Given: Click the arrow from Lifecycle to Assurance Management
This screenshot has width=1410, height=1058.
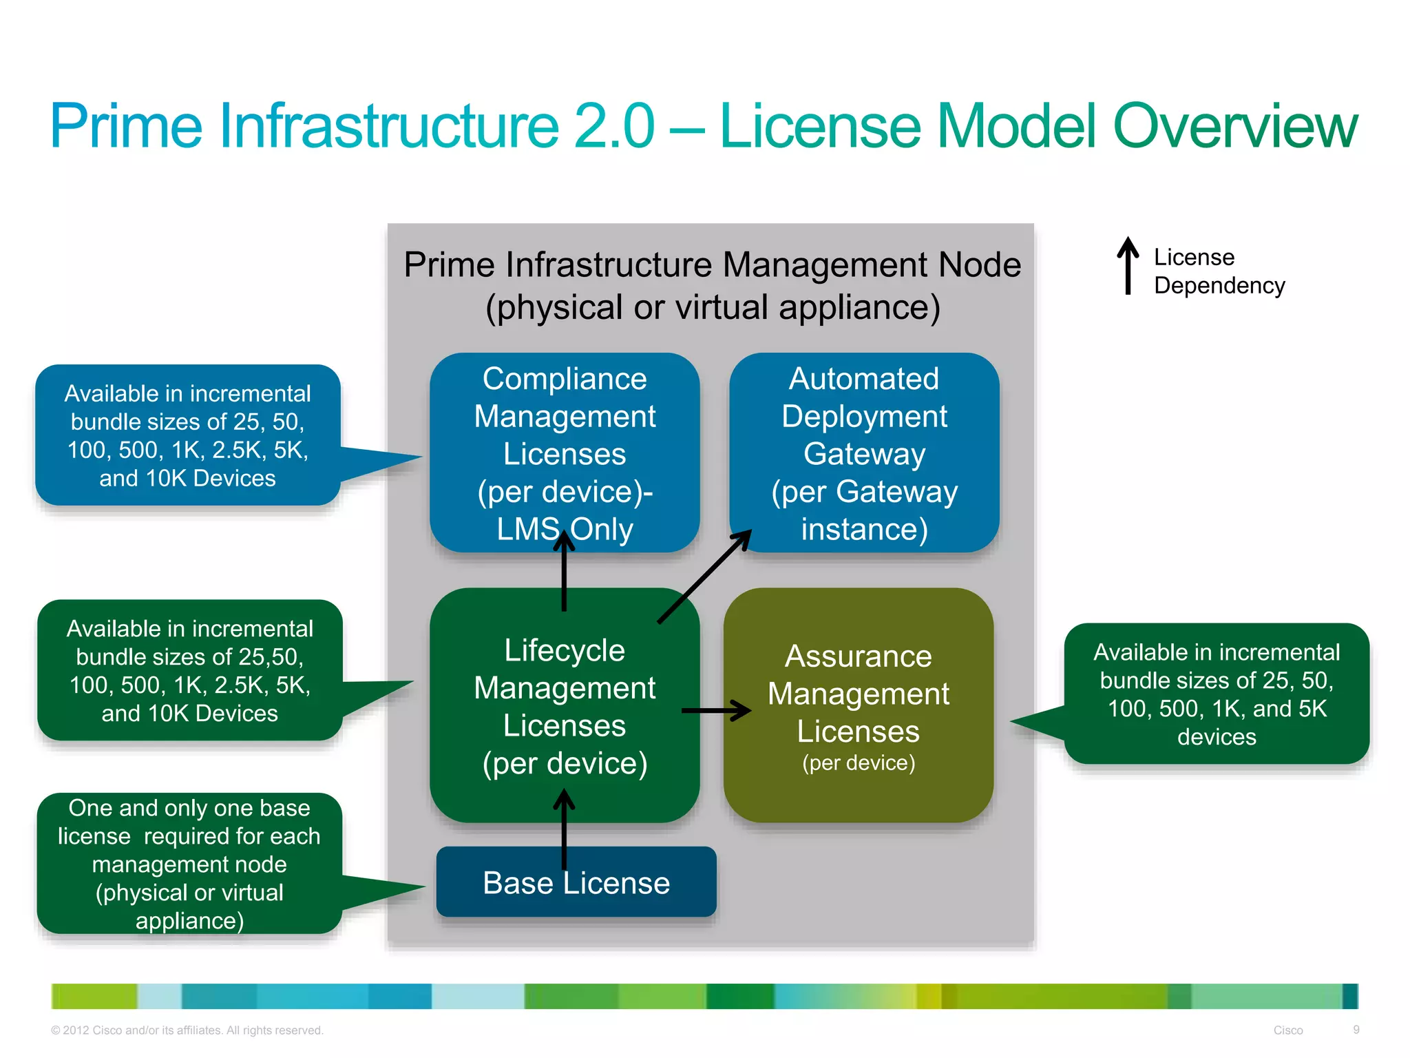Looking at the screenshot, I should [x=716, y=710].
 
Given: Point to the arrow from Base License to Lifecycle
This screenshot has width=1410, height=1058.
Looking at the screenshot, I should [x=564, y=830].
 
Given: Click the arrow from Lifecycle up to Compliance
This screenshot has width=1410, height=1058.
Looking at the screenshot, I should [x=564, y=572].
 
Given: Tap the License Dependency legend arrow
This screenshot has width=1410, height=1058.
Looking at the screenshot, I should [x=1127, y=266].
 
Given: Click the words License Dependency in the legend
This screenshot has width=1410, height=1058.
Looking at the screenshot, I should [x=1219, y=271].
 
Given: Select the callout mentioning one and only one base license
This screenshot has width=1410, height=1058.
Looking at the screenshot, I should [x=189, y=864].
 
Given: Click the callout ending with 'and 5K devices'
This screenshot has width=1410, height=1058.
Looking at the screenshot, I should [x=1217, y=694].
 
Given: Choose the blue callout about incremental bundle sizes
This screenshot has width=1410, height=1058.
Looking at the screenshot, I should [x=188, y=435].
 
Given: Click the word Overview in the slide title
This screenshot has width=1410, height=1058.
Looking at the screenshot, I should [x=1234, y=126].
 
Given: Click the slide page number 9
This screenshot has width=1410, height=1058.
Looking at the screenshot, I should [x=1356, y=1030].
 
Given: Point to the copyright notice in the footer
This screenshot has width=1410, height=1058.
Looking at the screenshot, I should [x=187, y=1030].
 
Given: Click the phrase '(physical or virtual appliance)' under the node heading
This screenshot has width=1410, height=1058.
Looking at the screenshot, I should [x=713, y=307].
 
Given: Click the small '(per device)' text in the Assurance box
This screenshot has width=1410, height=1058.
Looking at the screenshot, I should [x=858, y=763].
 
